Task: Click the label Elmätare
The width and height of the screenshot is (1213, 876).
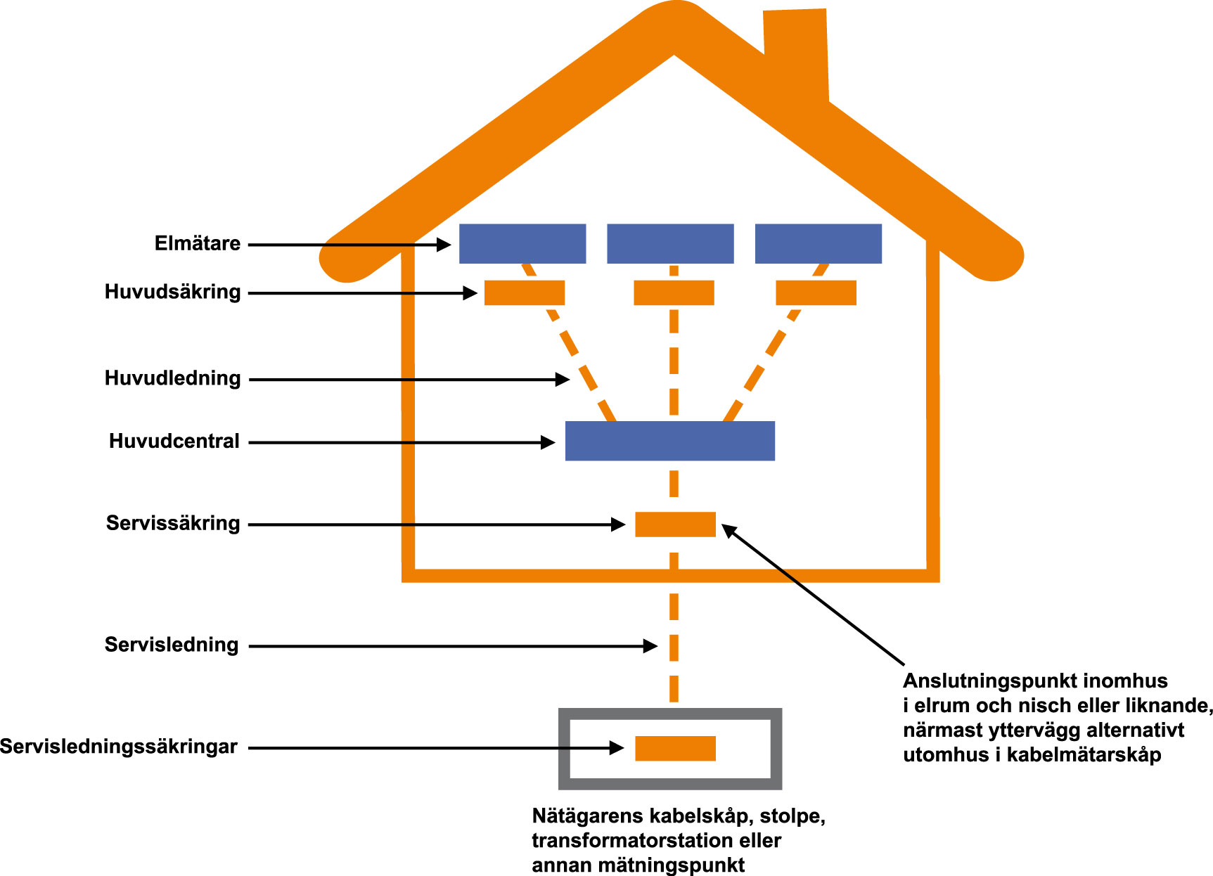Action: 197,244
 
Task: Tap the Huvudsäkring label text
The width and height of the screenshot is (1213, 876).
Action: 172,292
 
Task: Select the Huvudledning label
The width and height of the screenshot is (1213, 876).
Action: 172,378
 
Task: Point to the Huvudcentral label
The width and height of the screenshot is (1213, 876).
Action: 174,442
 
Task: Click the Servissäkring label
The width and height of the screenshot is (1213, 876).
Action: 173,523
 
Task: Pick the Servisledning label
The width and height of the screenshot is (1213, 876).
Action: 172,645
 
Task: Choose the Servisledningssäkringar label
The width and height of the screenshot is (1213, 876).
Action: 118,747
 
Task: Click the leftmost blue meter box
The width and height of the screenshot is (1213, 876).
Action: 522,244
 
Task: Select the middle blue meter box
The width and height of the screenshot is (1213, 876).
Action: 670,244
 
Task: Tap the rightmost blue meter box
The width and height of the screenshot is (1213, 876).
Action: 818,244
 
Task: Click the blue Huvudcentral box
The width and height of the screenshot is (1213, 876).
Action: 669,441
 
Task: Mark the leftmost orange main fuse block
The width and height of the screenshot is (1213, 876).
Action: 525,292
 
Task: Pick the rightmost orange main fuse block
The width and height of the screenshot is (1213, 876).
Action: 816,292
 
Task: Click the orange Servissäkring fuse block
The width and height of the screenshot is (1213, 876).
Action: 675,524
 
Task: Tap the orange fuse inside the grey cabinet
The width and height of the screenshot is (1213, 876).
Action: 675,748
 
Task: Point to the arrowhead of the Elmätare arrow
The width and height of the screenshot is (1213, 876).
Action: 444,245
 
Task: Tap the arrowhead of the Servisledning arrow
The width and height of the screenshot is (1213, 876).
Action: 650,646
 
